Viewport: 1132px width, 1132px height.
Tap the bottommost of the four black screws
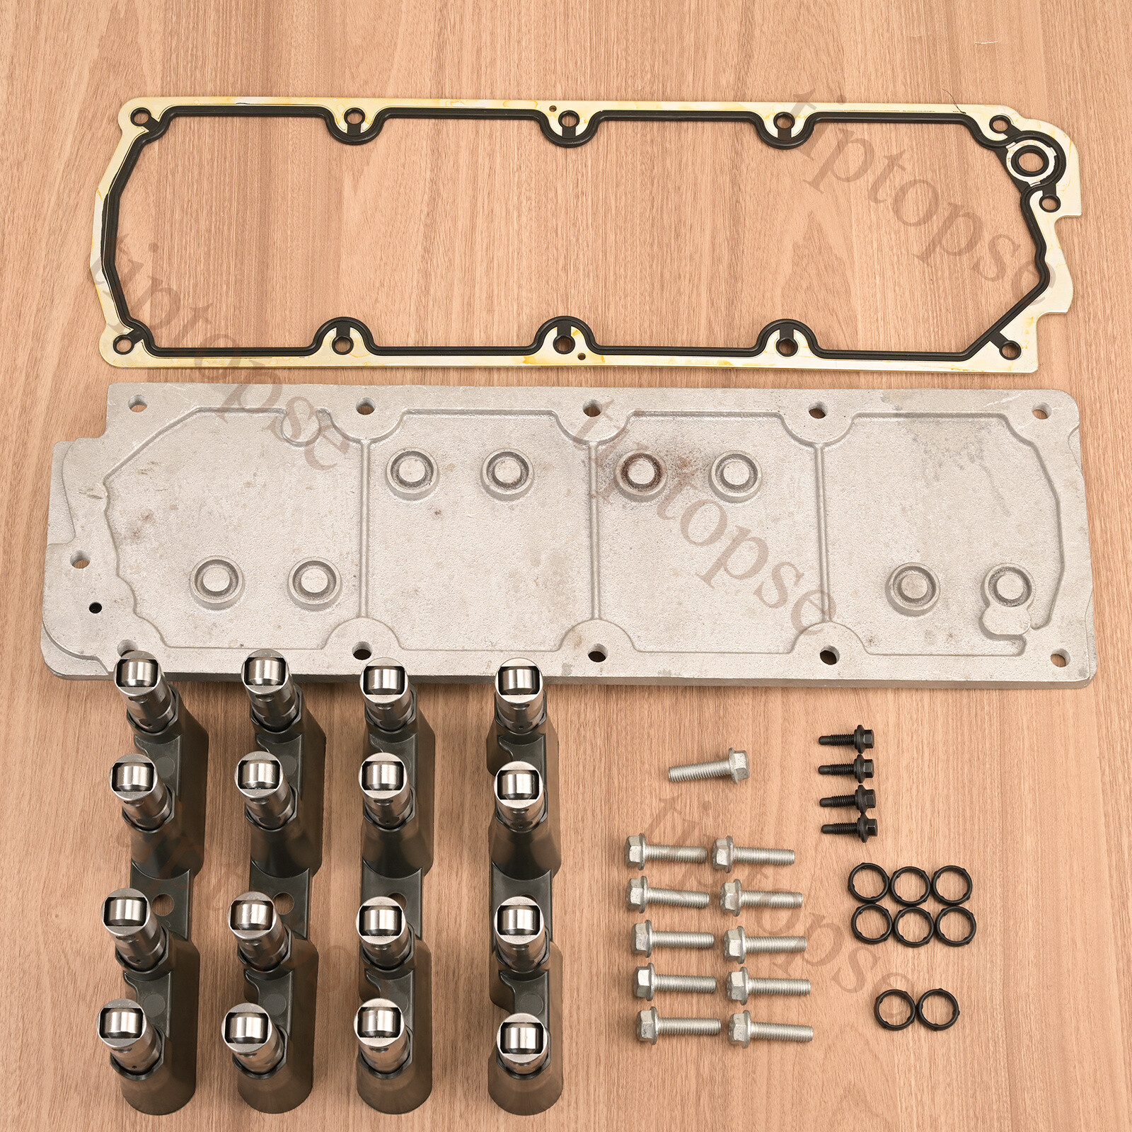[849, 825]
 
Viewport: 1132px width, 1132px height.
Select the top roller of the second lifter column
[263, 672]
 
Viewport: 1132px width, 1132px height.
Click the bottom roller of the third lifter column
[379, 1021]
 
